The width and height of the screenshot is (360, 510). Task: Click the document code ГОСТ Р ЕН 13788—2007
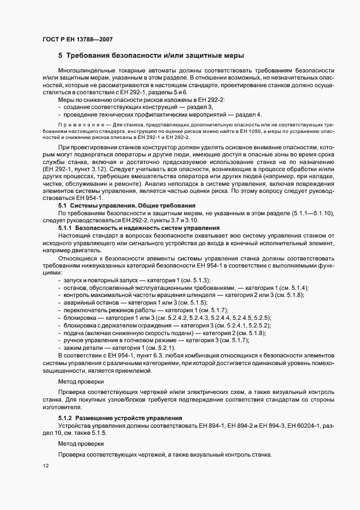point(77,39)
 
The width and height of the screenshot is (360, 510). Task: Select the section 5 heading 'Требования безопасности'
point(151,56)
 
